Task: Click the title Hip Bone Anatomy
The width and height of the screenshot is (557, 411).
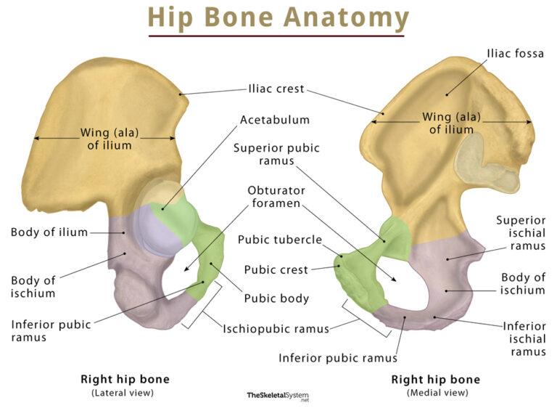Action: click(278, 17)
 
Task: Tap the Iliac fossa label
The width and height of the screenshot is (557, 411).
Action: click(515, 54)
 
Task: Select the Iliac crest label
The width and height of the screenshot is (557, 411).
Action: click(276, 89)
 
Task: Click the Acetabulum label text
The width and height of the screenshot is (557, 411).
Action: click(275, 120)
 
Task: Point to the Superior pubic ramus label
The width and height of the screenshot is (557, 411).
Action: click(276, 154)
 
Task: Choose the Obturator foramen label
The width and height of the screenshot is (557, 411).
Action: click(276, 197)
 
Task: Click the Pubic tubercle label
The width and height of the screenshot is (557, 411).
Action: click(279, 240)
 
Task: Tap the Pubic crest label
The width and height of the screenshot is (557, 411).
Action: click(276, 269)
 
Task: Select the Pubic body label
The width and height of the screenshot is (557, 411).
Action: click(276, 298)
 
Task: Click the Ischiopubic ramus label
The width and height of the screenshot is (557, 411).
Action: click(276, 329)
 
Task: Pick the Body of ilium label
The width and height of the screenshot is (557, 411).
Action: click(49, 232)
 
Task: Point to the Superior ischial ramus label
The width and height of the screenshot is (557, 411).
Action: click(521, 233)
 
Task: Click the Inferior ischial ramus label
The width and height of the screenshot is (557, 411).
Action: click(524, 339)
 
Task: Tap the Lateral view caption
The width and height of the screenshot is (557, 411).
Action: click(123, 393)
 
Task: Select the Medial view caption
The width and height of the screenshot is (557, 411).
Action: click(437, 393)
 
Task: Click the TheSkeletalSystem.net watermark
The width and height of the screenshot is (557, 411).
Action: click(278, 396)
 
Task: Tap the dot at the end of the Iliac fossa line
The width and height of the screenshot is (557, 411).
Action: click(447, 95)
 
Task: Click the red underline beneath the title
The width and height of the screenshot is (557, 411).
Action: click(276, 36)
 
